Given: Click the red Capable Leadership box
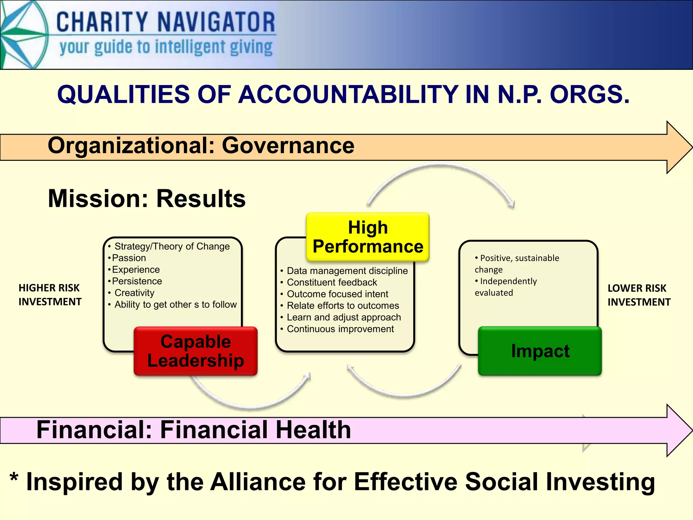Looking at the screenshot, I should coord(196,351).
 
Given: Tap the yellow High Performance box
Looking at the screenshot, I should coord(368,237).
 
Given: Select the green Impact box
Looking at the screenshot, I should coord(540,351).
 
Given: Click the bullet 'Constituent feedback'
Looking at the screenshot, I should coord(332,282).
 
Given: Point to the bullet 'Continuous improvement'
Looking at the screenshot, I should coord(340,329).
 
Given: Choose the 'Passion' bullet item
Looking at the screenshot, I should coord(129,258).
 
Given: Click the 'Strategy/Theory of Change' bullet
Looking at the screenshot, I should coord(172,246).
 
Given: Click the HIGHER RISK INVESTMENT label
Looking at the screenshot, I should coord(50,295).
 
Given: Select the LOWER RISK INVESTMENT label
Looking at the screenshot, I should coord(639,295).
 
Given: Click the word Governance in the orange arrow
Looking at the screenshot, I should coord(288,146).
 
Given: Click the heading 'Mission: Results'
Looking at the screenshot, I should coord(147,199).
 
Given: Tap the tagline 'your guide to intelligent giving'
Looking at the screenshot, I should coord(166,47).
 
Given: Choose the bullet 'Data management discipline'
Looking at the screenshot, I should coord(347,271).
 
